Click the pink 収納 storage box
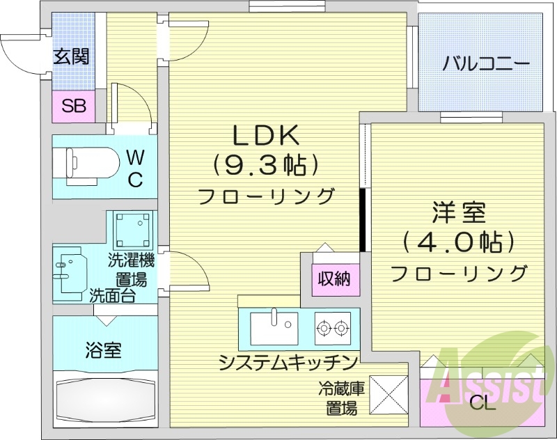tap(335, 281)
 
